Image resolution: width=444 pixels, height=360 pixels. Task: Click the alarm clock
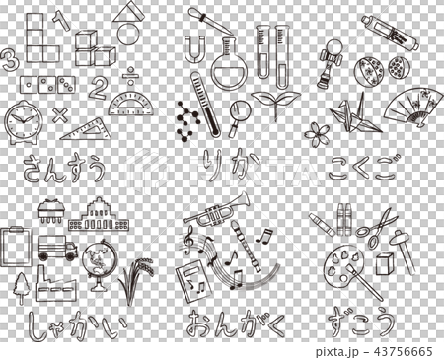click(24, 122)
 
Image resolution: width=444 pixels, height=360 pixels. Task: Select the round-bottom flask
click(229, 67)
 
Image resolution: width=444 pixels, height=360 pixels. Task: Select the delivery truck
click(57, 248)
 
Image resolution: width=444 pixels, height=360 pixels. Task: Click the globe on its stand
click(97, 263)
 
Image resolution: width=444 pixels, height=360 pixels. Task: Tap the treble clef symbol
click(187, 241)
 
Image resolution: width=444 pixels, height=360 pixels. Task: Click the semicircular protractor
click(131, 104)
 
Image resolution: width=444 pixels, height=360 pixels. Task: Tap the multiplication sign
click(60, 114)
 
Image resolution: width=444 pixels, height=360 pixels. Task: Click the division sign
click(130, 75)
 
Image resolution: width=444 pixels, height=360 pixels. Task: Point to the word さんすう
click(64, 169)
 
